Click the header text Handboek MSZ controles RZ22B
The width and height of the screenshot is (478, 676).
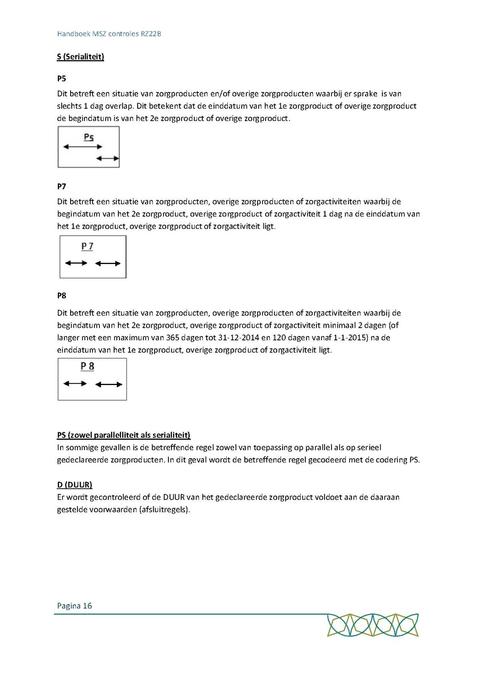click(109, 34)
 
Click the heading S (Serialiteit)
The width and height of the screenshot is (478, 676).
click(80, 57)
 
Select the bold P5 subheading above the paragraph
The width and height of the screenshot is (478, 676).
click(62, 79)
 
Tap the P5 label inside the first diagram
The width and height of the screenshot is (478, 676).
click(89, 138)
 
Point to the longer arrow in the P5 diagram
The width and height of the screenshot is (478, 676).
click(82, 147)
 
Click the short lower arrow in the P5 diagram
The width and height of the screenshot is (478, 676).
click(107, 158)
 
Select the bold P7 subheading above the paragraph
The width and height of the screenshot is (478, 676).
click(62, 186)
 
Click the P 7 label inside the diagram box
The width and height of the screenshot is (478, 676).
click(87, 246)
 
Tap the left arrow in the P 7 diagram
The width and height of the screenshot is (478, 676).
click(76, 263)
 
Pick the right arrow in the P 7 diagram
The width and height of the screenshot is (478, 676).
click(108, 263)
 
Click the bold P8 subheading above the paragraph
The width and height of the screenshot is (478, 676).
click(62, 295)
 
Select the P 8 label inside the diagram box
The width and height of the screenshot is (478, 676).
click(87, 366)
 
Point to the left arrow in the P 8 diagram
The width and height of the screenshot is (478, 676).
click(75, 383)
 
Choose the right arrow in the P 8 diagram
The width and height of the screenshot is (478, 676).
click(109, 384)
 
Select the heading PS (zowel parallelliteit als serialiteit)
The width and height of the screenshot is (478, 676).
click(123, 435)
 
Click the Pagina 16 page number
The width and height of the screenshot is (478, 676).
click(74, 605)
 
